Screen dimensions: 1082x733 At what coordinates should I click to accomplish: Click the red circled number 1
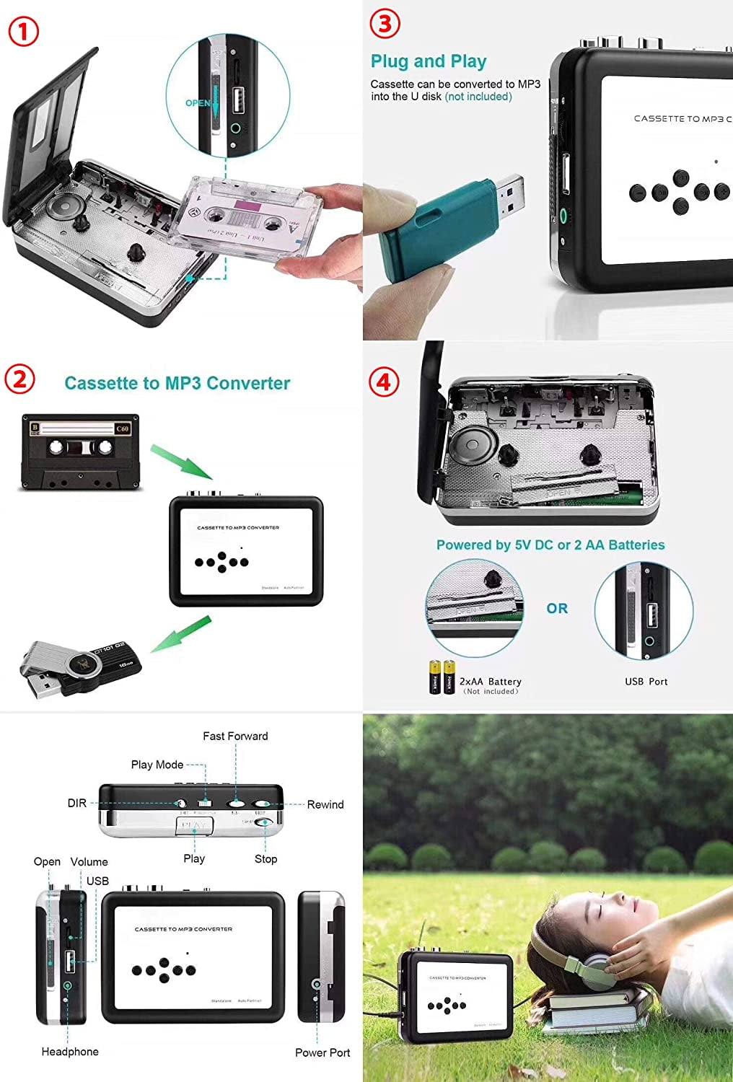click(x=24, y=32)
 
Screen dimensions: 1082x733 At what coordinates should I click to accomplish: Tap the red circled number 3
click(x=385, y=24)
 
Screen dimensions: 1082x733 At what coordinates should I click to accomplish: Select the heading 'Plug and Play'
click(x=429, y=61)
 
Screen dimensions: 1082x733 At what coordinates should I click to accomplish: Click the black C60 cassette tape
click(x=79, y=452)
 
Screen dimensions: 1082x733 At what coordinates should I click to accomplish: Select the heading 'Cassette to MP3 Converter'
click(x=177, y=383)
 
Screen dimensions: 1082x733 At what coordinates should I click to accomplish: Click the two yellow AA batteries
click(x=442, y=677)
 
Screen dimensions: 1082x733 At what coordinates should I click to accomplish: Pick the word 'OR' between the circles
click(x=557, y=608)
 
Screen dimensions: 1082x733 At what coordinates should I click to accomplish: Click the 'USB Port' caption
click(x=646, y=682)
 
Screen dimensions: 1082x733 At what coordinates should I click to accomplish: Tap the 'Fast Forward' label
click(x=235, y=736)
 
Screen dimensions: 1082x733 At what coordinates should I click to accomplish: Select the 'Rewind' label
click(x=325, y=804)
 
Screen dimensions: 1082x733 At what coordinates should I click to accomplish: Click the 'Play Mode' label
click(x=157, y=765)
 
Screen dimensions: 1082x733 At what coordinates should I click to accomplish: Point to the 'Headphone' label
click(x=70, y=1052)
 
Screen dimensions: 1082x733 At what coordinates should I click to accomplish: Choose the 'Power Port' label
click(x=322, y=1052)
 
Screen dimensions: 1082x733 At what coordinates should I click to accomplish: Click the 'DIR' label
click(x=76, y=803)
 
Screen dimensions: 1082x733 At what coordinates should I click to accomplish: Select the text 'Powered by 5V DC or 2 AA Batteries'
click(x=550, y=545)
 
